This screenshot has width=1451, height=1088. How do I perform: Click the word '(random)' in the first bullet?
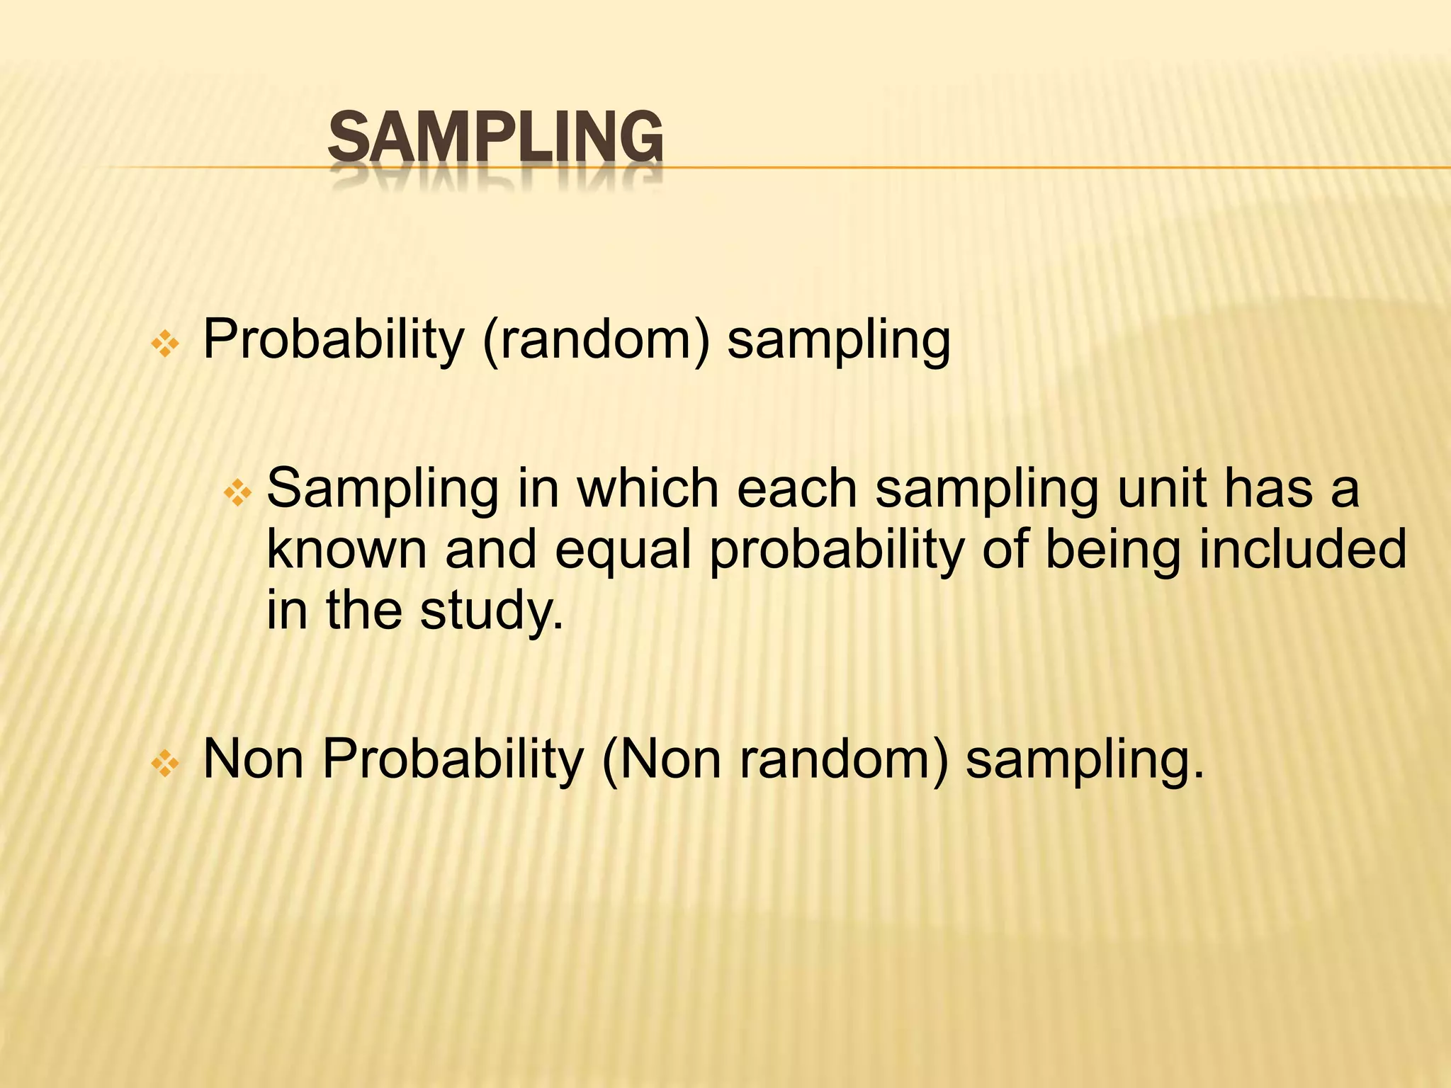tap(595, 340)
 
